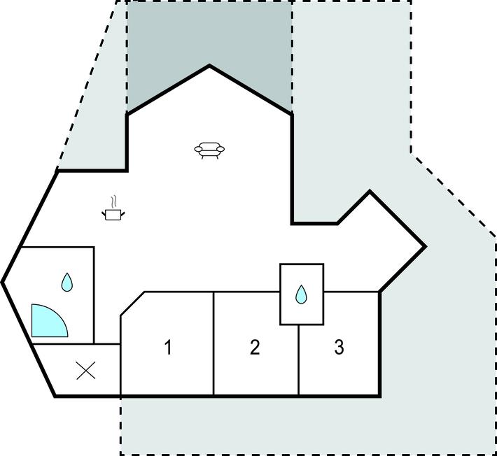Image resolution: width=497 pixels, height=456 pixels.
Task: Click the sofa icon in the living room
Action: pyautogui.click(x=209, y=150)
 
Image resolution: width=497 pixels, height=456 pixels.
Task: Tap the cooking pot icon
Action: pyautogui.click(x=113, y=215)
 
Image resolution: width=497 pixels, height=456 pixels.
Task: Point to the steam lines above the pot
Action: pyautogui.click(x=114, y=201)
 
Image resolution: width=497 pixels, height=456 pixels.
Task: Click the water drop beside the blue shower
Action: pyautogui.click(x=67, y=282)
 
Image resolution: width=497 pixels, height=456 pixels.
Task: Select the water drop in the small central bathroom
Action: pyautogui.click(x=301, y=294)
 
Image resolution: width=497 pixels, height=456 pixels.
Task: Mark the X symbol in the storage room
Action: pyautogui.click(x=86, y=371)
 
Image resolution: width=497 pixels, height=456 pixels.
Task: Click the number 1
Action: pyautogui.click(x=168, y=347)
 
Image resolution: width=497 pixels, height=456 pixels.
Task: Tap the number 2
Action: pyautogui.click(x=255, y=347)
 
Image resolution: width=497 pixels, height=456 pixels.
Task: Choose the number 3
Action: pyautogui.click(x=339, y=347)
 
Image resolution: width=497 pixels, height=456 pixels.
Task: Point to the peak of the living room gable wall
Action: pyautogui.click(x=209, y=66)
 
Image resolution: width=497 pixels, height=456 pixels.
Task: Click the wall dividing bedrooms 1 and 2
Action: pyautogui.click(x=213, y=343)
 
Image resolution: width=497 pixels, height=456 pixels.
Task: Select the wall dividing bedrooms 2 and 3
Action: pyautogui.click(x=299, y=360)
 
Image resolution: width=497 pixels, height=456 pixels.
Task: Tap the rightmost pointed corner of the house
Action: pyautogui.click(x=426, y=246)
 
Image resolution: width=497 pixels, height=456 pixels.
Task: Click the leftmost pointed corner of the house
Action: pyautogui.click(x=2, y=282)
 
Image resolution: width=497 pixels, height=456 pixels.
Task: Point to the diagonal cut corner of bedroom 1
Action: pyautogui.click(x=132, y=304)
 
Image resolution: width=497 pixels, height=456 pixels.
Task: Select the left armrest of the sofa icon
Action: pyautogui.click(x=198, y=148)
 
